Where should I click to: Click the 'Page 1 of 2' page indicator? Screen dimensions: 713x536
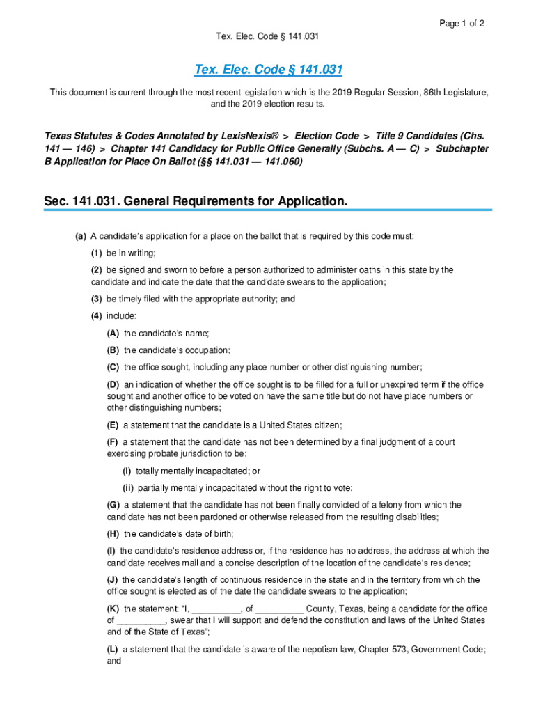[x=462, y=23]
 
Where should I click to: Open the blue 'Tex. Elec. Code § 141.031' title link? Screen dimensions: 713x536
[x=268, y=70]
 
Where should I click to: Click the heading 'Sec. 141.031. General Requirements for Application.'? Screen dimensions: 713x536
[x=195, y=201]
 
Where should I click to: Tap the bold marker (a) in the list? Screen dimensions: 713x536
[x=81, y=236]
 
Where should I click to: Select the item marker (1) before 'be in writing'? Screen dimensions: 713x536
[x=97, y=253]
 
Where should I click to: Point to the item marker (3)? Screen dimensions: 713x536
[x=97, y=299]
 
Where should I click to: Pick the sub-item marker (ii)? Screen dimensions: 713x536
[x=128, y=488]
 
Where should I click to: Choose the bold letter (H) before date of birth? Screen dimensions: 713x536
[x=113, y=534]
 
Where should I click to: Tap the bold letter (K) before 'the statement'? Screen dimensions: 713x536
[x=113, y=609]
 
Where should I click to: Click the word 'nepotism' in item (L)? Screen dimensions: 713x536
[x=292, y=649]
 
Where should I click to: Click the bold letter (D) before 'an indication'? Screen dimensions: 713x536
[x=113, y=384]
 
